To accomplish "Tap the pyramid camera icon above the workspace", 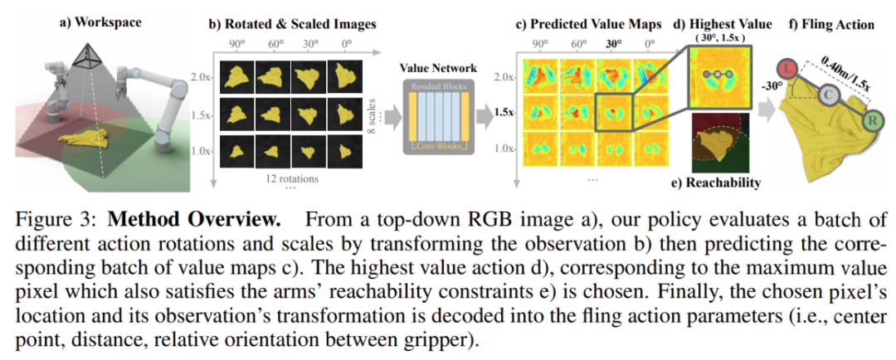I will [x=85, y=55].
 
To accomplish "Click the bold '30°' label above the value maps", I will [x=615, y=45].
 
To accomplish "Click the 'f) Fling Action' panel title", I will [x=830, y=24].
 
